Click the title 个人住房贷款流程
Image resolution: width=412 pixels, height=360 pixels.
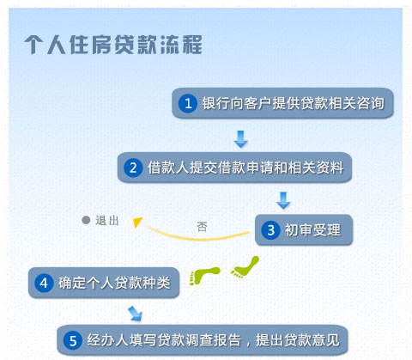[113, 45]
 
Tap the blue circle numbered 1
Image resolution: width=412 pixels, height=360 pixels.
[188, 103]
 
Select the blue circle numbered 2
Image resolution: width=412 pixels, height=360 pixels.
[133, 168]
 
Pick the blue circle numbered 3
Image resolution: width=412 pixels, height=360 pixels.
[270, 229]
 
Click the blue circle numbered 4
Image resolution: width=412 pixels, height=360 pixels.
[44, 283]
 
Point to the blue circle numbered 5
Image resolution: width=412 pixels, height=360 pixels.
[73, 340]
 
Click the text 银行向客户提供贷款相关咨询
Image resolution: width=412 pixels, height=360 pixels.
[294, 103]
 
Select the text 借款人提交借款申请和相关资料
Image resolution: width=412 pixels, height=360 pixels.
[245, 168]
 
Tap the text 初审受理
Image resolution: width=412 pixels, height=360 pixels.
[312, 230]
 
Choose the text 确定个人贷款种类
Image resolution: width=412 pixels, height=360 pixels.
[114, 283]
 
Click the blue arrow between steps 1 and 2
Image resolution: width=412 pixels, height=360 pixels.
[241, 139]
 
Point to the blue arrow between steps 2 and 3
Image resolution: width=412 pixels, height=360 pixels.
[283, 200]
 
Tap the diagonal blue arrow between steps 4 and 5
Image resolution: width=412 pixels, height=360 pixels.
[135, 314]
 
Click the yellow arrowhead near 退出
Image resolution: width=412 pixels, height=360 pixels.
[137, 222]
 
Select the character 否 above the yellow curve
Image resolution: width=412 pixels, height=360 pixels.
[202, 227]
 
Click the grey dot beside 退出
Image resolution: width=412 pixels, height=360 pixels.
[86, 220]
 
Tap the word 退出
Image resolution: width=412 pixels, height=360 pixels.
[107, 221]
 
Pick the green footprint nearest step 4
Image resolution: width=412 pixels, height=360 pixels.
[204, 276]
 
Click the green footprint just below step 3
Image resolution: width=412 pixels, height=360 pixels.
[245, 267]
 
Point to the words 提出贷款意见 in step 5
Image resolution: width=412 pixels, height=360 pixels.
[298, 340]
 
